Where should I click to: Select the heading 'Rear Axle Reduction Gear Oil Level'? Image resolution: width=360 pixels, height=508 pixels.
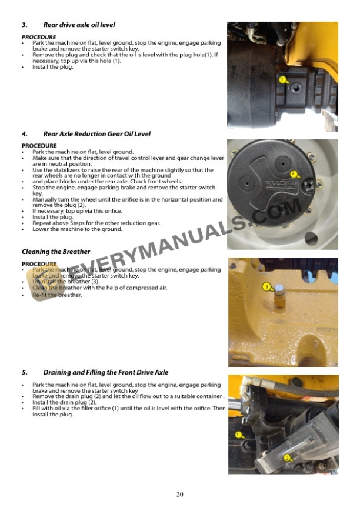(96, 134)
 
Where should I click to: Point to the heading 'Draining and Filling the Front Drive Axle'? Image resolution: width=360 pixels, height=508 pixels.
(105, 372)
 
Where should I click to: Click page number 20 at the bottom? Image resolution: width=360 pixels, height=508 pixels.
(180, 494)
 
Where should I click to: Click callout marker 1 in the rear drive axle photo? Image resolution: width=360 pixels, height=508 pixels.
(282, 79)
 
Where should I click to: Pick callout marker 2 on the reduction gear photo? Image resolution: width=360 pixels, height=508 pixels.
(294, 174)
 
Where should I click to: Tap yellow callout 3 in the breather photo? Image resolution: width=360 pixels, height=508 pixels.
(266, 286)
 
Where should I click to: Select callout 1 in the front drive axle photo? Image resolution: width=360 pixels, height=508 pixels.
(238, 435)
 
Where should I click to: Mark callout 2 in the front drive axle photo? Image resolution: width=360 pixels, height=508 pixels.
(287, 458)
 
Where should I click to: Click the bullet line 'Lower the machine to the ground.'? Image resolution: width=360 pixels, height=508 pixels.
(77, 229)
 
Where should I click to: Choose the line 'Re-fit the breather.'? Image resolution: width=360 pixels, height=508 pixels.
(57, 295)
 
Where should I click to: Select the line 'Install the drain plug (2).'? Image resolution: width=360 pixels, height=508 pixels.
(64, 402)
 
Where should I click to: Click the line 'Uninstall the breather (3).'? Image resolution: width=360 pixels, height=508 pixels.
(65, 282)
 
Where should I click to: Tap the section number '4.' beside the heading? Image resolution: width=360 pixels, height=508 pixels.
(25, 134)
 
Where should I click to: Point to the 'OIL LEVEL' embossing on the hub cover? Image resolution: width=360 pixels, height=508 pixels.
(276, 182)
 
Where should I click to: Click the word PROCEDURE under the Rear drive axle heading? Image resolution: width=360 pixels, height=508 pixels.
(39, 37)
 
